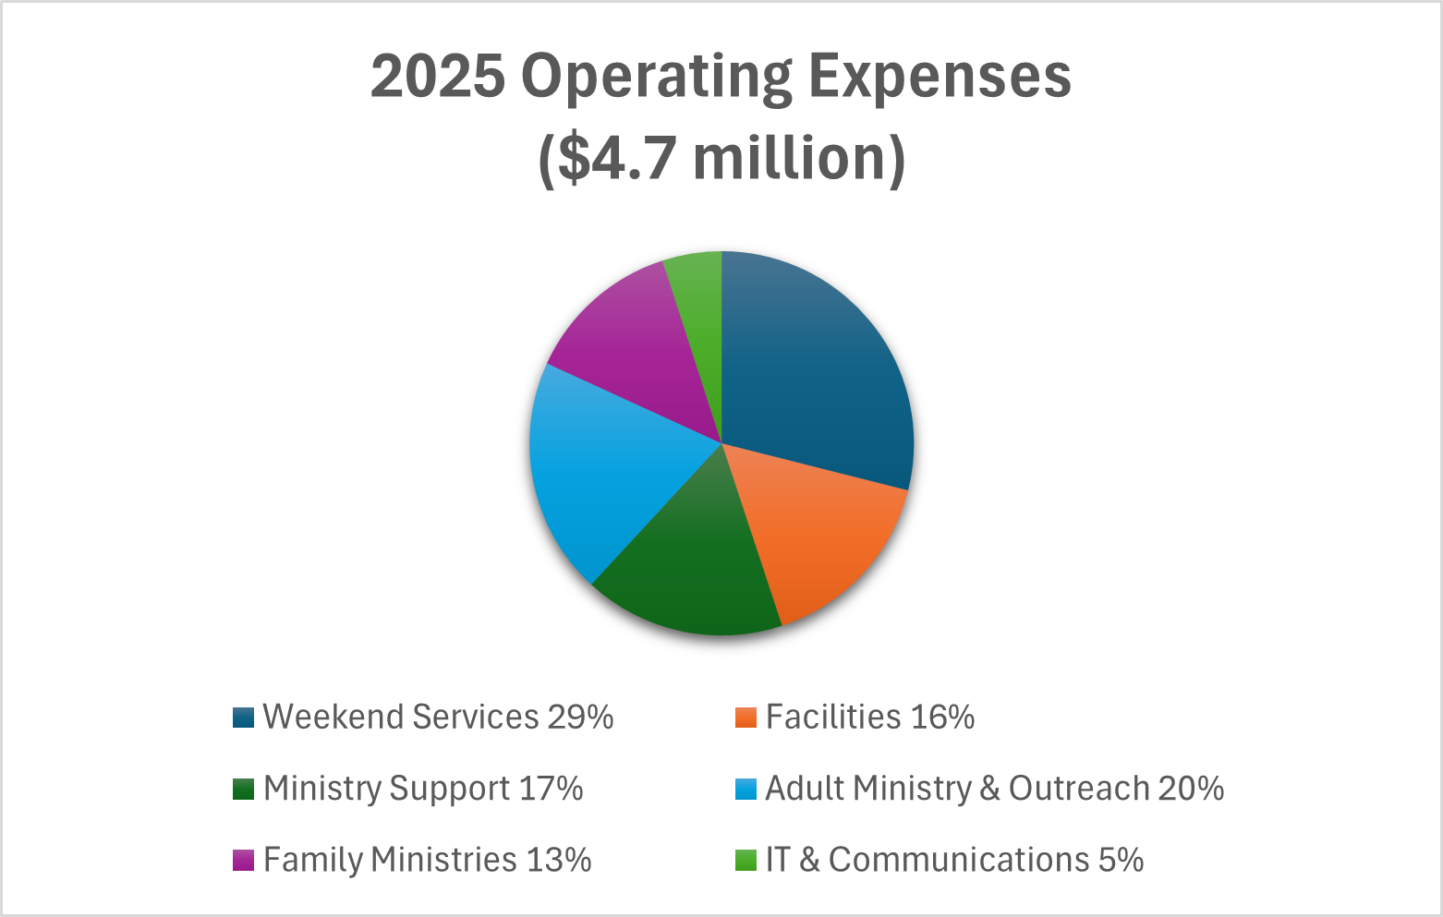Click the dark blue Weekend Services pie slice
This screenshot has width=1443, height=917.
[813, 369]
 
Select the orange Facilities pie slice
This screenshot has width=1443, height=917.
[822, 536]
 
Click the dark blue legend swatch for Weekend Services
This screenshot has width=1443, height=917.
[243, 718]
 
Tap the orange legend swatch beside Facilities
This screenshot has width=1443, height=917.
[746, 718]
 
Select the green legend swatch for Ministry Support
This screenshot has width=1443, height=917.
[243, 790]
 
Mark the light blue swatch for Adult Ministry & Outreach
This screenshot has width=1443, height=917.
[746, 790]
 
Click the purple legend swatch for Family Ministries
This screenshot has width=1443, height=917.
[243, 861]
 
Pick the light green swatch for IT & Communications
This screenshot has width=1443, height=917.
[746, 861]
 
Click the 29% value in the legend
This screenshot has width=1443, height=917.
[580, 718]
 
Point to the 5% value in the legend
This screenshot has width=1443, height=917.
[1121, 861]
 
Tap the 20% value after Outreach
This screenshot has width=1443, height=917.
[1191, 790]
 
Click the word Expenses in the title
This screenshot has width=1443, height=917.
[940, 77]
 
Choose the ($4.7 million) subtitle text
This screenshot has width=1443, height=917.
[721, 159]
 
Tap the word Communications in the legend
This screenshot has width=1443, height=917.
[959, 861]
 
